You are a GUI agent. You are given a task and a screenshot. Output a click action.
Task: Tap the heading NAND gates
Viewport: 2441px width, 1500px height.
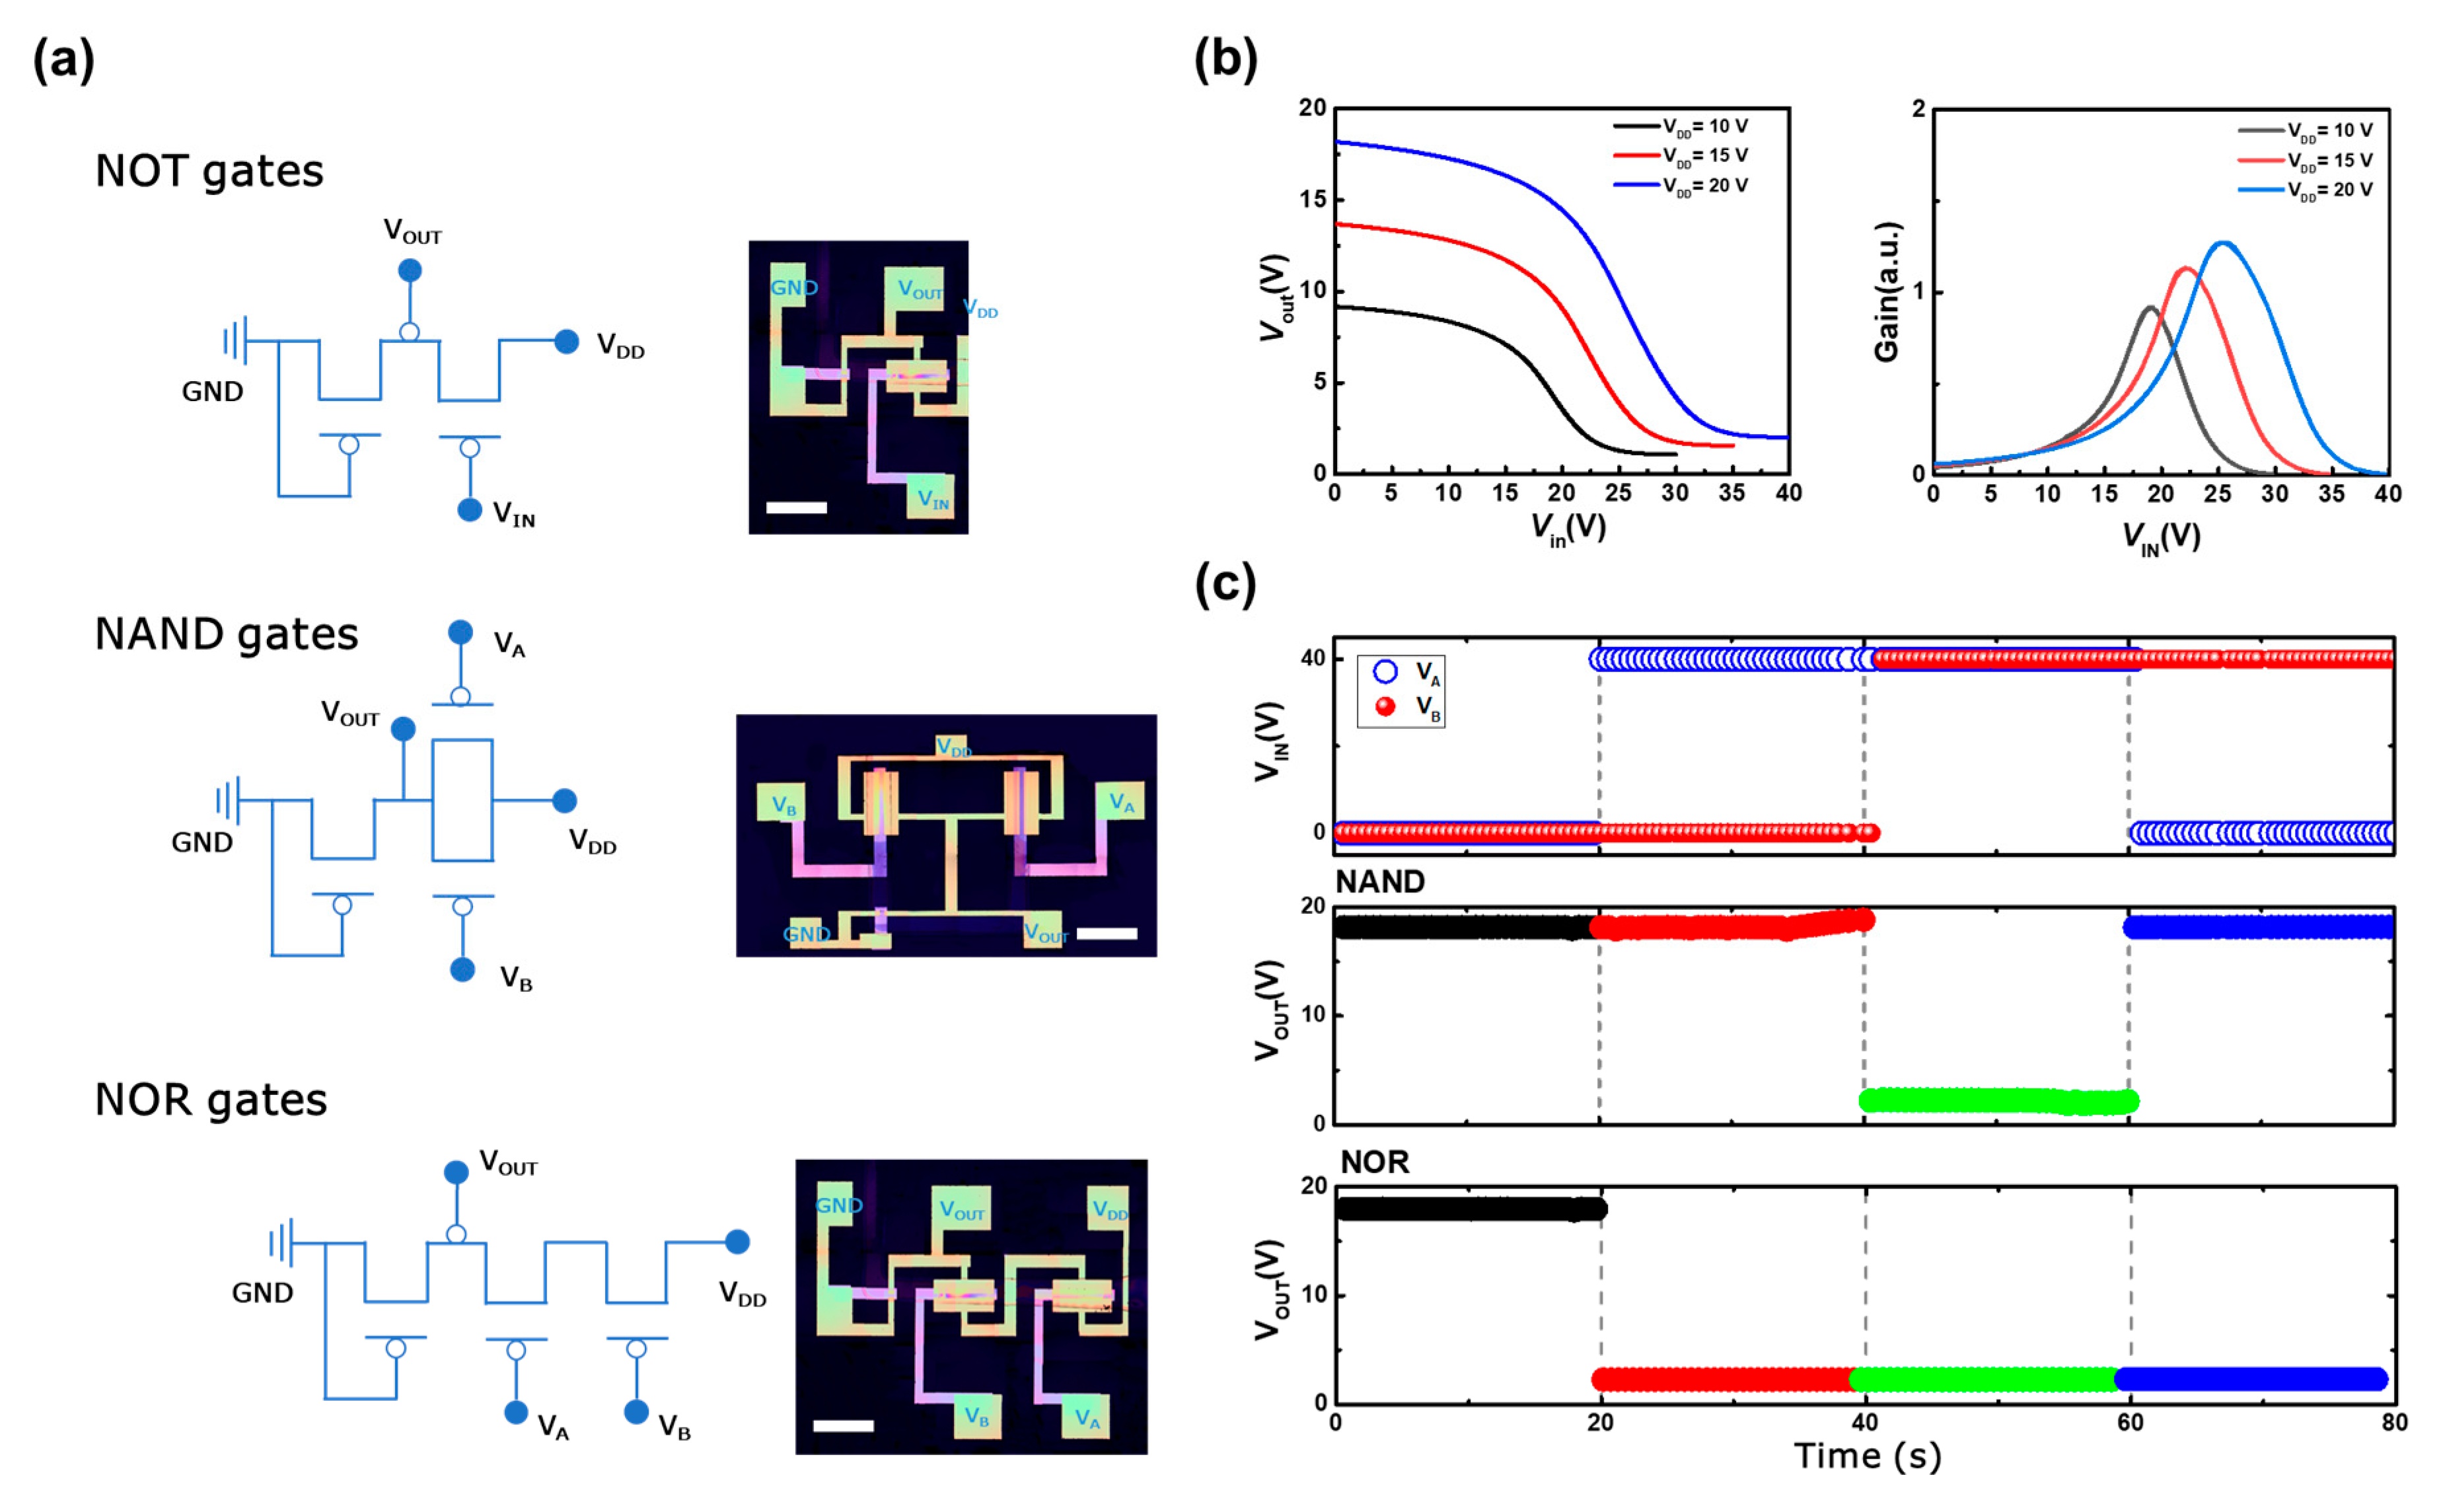tap(226, 634)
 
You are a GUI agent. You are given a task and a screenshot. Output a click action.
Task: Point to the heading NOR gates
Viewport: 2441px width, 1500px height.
tap(210, 1099)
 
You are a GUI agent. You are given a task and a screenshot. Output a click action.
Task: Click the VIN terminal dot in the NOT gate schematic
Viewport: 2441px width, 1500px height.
tap(469, 510)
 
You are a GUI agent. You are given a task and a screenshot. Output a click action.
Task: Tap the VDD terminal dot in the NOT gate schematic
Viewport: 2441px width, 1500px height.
tap(566, 341)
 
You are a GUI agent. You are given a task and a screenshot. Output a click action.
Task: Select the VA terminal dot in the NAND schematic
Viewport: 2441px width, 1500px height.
tap(460, 632)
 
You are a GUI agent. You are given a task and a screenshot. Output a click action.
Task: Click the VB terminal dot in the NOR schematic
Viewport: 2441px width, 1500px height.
tap(637, 1411)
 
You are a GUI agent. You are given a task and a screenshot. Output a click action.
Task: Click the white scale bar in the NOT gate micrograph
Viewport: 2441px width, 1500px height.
tap(797, 508)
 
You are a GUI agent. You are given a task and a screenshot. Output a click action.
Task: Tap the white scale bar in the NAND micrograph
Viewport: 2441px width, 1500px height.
tap(1107, 934)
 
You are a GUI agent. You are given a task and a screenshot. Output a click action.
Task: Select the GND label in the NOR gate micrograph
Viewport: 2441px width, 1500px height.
tap(839, 1205)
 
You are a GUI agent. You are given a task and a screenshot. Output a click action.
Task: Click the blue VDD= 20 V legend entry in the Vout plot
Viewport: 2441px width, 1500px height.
tap(1681, 186)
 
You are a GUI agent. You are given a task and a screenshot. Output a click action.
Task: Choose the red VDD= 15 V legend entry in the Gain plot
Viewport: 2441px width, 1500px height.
tap(2306, 161)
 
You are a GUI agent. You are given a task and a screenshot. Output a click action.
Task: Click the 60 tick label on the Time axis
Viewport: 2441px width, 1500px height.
tap(2131, 1423)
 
